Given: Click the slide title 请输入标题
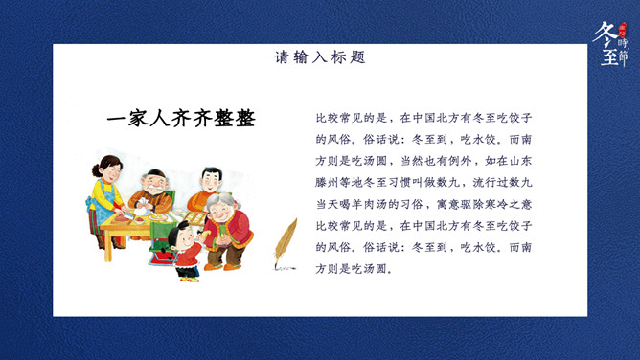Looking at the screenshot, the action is pyautogui.click(x=320, y=57).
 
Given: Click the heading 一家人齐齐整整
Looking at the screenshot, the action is pyautogui.click(x=181, y=118).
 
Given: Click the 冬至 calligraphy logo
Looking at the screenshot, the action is pyautogui.click(x=610, y=44).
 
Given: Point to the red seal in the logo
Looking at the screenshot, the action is pyautogui.click(x=623, y=30).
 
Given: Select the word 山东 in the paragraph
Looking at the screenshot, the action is pyautogui.click(x=520, y=161).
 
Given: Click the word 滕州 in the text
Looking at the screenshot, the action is pyautogui.click(x=327, y=182).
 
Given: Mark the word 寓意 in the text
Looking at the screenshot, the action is pyautogui.click(x=447, y=204).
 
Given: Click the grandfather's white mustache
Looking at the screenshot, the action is pyautogui.click(x=153, y=189).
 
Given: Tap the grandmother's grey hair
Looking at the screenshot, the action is pyautogui.click(x=219, y=199).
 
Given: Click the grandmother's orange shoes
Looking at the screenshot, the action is pyautogui.click(x=221, y=267).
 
